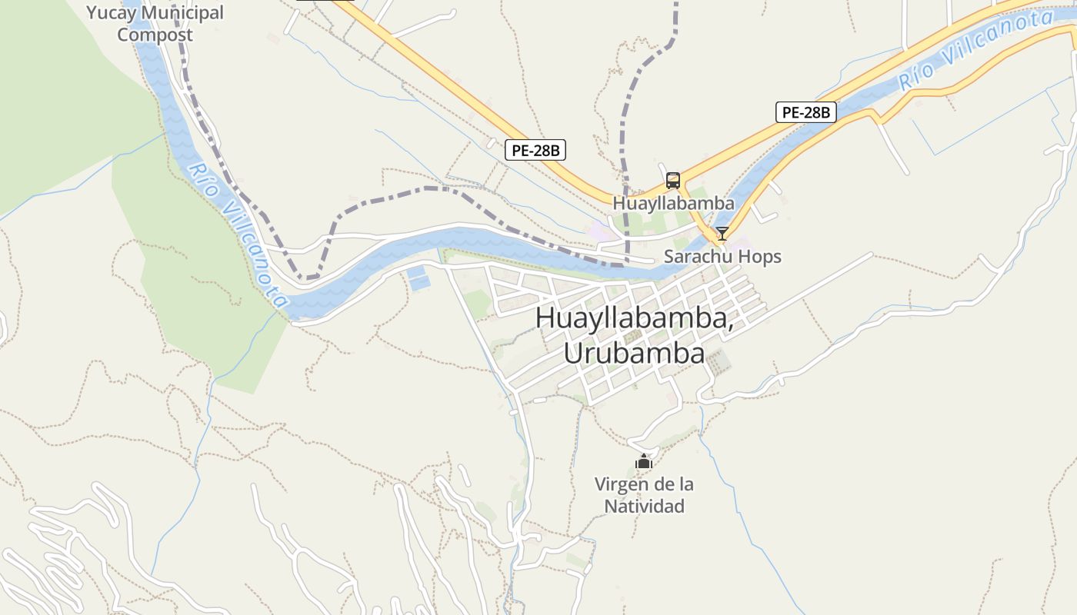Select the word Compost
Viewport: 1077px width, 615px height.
click(x=155, y=35)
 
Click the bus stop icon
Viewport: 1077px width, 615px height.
click(x=673, y=181)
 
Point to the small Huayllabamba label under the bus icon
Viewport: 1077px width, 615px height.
click(x=673, y=204)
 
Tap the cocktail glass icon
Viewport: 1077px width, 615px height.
click(x=722, y=234)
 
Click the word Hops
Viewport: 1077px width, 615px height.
click(x=760, y=256)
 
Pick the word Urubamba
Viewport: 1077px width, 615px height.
click(x=634, y=353)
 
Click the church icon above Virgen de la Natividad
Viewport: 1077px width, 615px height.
click(x=644, y=461)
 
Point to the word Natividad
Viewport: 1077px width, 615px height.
click(x=644, y=507)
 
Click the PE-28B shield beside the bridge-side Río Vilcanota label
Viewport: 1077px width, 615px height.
click(x=805, y=112)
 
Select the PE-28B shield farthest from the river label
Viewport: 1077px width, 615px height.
click(x=535, y=150)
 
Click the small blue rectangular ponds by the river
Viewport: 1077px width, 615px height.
click(x=418, y=278)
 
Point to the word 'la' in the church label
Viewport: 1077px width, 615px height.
click(x=685, y=484)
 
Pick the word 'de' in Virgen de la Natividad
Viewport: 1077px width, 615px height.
click(x=662, y=484)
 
